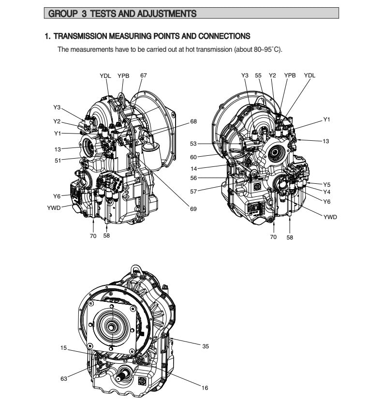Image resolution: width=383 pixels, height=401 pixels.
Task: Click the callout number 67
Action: pyautogui.click(x=143, y=75)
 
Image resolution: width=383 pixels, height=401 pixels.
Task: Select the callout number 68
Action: pyautogui.click(x=193, y=121)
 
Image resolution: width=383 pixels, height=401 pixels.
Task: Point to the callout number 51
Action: pyautogui.click(x=58, y=161)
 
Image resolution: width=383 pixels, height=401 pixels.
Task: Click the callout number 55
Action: pyautogui.click(x=258, y=75)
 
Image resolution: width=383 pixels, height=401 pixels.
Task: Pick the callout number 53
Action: pyautogui.click(x=193, y=144)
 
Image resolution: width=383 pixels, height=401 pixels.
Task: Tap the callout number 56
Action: pyautogui.click(x=193, y=178)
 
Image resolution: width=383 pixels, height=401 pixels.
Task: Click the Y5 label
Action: pyautogui.click(x=327, y=184)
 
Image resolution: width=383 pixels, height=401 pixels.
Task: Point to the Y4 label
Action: pyautogui.click(x=327, y=192)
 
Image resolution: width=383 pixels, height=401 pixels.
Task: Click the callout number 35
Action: pyautogui.click(x=206, y=346)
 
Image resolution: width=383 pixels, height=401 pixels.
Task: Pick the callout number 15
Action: pyautogui.click(x=64, y=348)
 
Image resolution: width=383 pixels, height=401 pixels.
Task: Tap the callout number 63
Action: pyautogui.click(x=64, y=379)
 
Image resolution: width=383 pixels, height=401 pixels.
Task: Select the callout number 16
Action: pyautogui.click(x=205, y=388)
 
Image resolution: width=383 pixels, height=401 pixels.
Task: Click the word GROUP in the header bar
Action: pyautogui.click(x=62, y=15)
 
